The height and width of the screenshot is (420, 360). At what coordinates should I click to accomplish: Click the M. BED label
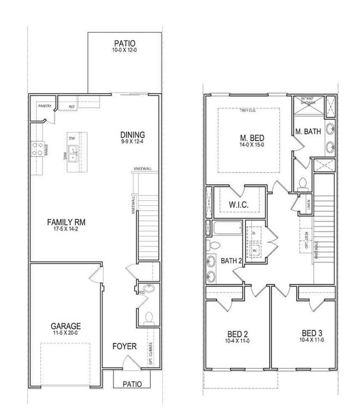[x=251, y=138]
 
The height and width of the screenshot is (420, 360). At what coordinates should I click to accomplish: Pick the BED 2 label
[x=237, y=334]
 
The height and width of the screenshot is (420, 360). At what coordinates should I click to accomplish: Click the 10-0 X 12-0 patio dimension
[x=125, y=51]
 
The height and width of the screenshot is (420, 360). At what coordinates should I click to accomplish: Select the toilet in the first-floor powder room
[x=148, y=318]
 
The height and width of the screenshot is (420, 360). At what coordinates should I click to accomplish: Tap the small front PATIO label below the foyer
[x=131, y=383]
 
